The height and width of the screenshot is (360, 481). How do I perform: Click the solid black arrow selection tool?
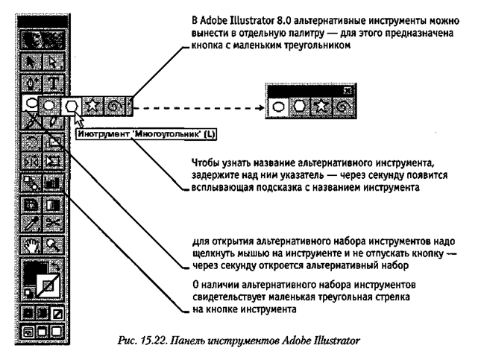tap(31, 63)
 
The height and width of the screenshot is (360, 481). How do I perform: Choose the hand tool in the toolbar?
tap(31, 245)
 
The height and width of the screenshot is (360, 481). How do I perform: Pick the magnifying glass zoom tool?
tap(54, 245)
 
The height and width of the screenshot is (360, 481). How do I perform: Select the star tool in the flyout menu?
tap(92, 106)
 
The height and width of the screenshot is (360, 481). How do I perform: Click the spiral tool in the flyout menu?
tap(115, 106)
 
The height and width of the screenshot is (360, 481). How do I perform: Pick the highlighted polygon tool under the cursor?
tap(71, 106)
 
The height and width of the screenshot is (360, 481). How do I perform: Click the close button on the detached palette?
tap(348, 90)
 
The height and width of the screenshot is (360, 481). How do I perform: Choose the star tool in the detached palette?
tap(321, 107)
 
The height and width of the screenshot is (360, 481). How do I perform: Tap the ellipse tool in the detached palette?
tap(278, 107)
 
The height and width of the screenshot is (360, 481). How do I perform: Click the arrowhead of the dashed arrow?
tap(261, 108)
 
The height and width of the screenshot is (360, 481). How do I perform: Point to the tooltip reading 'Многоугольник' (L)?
tap(146, 134)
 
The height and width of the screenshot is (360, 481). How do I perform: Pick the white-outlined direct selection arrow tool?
tap(54, 63)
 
